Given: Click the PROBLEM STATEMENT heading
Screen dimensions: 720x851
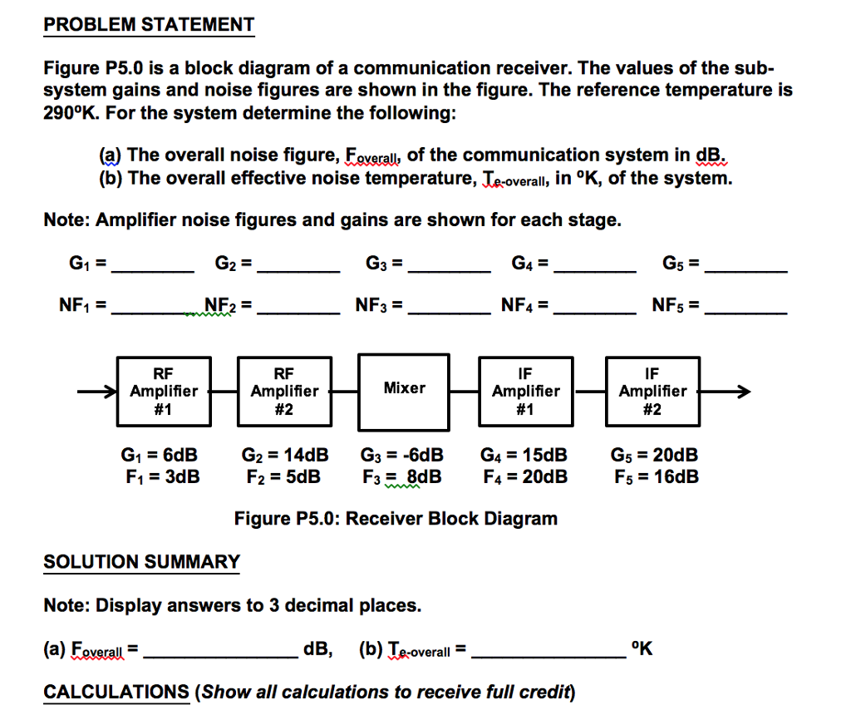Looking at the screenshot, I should click(x=149, y=25).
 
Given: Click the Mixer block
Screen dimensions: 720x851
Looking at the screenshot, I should click(x=404, y=389).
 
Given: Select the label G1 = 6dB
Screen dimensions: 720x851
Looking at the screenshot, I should click(x=160, y=456).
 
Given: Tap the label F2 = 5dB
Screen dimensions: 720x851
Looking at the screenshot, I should click(x=283, y=477).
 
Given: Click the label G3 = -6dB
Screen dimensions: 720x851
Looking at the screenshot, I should click(x=402, y=456).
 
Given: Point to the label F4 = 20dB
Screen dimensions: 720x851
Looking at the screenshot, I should click(x=525, y=477).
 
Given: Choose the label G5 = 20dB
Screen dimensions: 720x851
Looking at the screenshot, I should click(x=654, y=456).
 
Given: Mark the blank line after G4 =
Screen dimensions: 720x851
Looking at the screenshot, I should click(x=595, y=270).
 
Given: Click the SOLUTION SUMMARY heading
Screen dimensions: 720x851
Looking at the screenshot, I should click(x=141, y=562).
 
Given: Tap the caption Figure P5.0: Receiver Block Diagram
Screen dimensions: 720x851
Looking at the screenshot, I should click(x=396, y=519).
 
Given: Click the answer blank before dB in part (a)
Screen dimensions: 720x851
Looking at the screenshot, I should click(x=219, y=653).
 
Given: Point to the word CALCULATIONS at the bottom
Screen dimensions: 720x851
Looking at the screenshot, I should click(x=116, y=692).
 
